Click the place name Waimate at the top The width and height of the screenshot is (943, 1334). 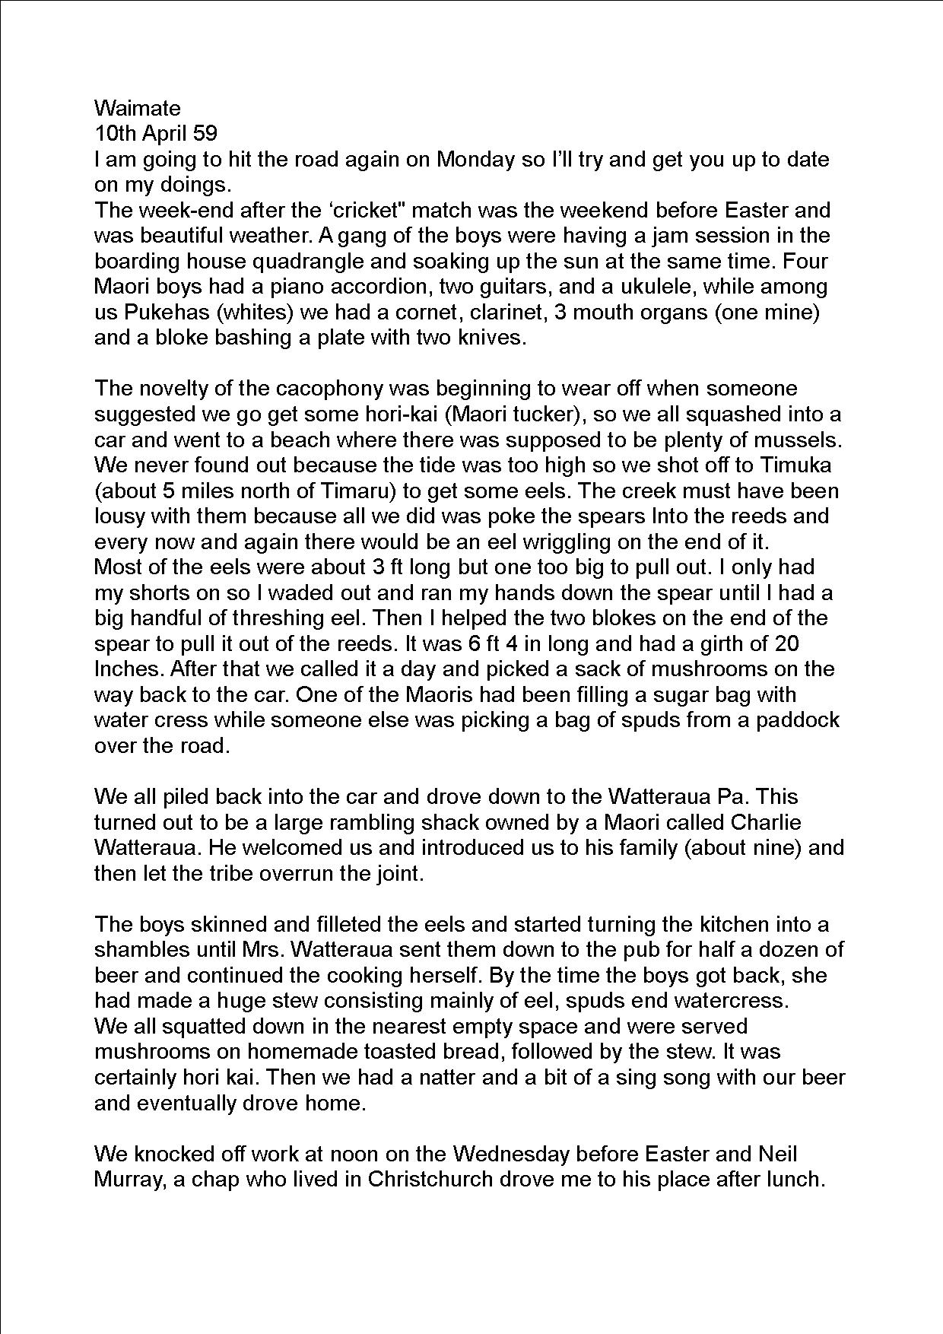coord(137,108)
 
